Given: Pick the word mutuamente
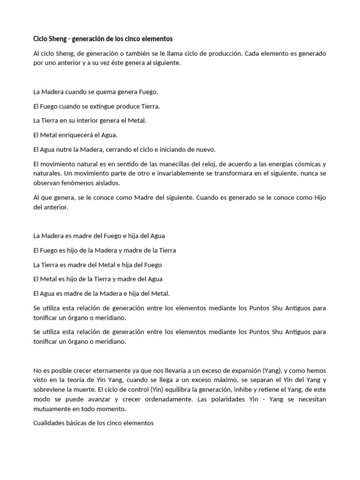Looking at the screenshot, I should [51, 408].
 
